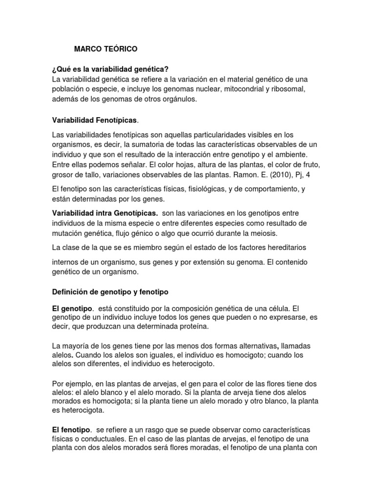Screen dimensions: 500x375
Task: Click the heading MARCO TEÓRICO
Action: click(105, 49)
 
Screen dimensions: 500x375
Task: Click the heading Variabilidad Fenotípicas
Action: click(95, 120)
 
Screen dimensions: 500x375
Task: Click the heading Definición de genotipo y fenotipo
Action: click(110, 292)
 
